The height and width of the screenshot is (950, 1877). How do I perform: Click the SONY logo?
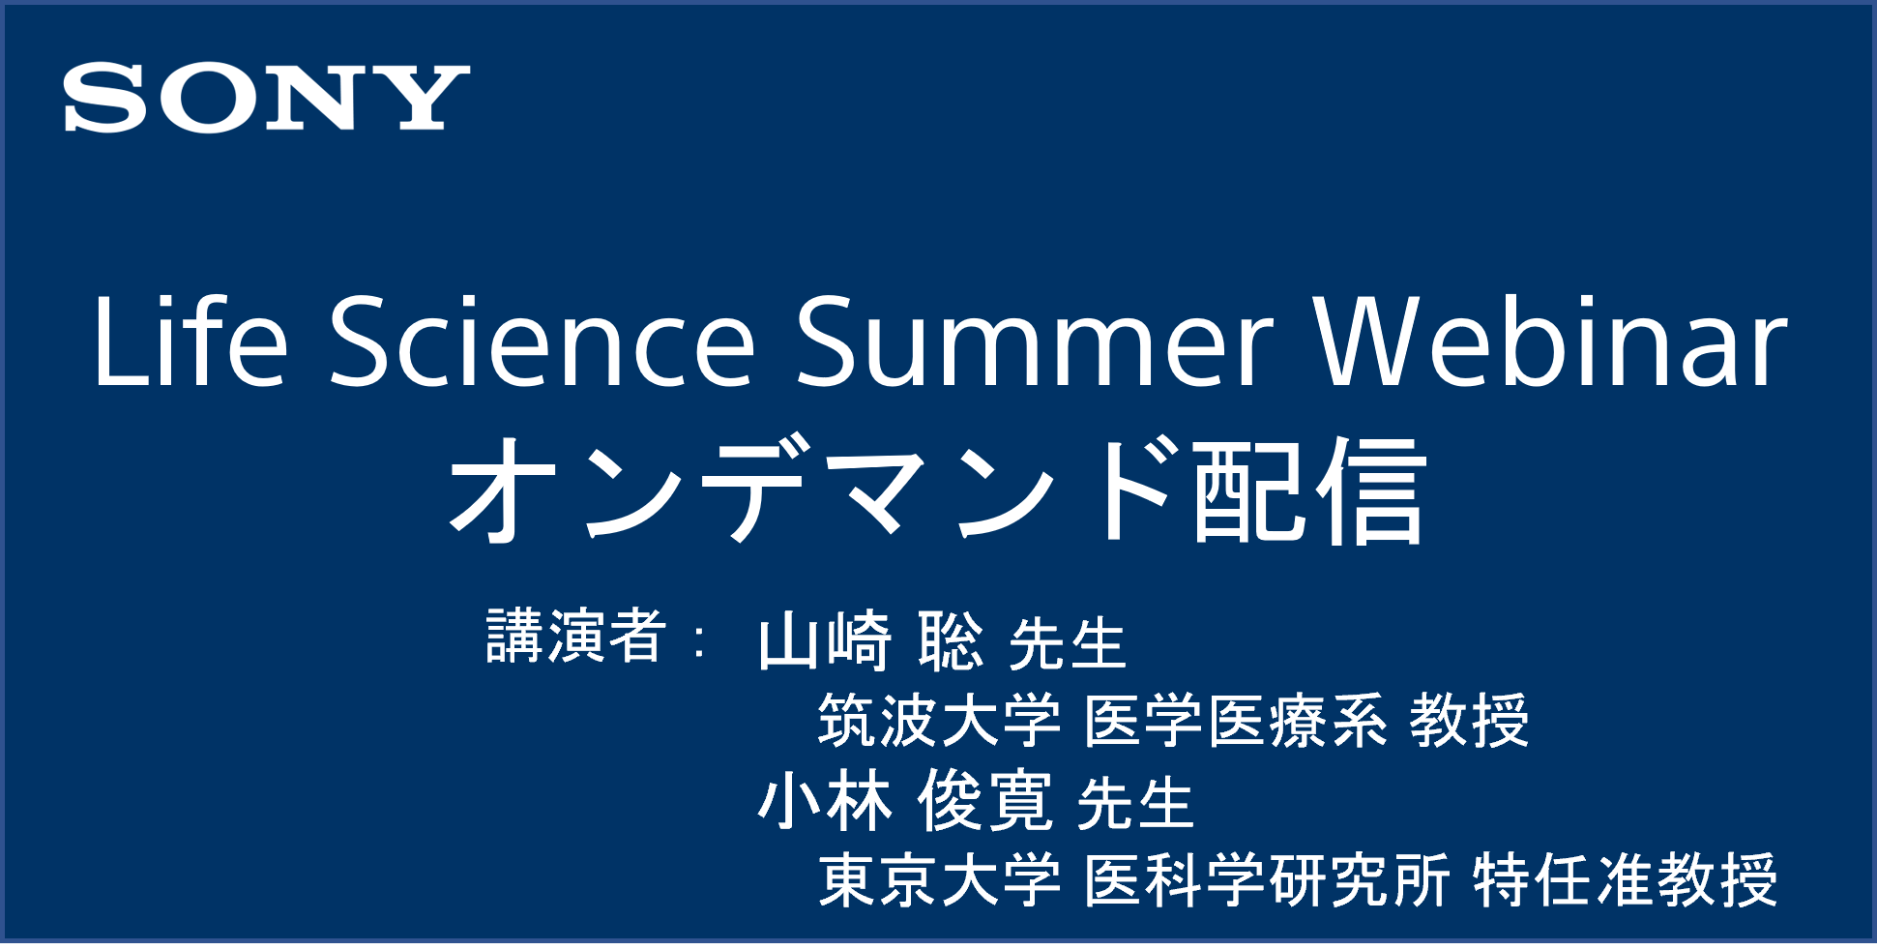tap(267, 98)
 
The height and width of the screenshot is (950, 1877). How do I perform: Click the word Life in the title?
tap(191, 340)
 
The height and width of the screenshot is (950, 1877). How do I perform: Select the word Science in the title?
tap(543, 341)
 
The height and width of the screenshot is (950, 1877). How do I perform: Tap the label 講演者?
tap(575, 636)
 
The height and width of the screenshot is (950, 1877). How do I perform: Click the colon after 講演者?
tap(700, 641)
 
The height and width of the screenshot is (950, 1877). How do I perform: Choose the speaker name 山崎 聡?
tap(870, 640)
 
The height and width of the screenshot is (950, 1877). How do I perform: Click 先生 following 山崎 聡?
tap(1068, 644)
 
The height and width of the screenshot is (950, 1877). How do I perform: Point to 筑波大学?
tap(939, 721)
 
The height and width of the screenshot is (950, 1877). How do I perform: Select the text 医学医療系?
tap(1236, 721)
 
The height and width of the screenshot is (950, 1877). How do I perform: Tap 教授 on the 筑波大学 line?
tap(1469, 721)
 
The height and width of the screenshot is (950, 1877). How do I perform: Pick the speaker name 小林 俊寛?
tap(905, 801)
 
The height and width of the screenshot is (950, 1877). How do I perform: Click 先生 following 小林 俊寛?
tap(1135, 804)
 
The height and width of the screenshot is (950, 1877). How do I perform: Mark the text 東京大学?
tap(939, 880)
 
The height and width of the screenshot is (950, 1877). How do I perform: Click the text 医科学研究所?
tap(1267, 880)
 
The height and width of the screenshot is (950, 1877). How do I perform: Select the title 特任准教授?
tap(1626, 880)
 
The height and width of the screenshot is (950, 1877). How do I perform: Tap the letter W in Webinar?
tap(1364, 341)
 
